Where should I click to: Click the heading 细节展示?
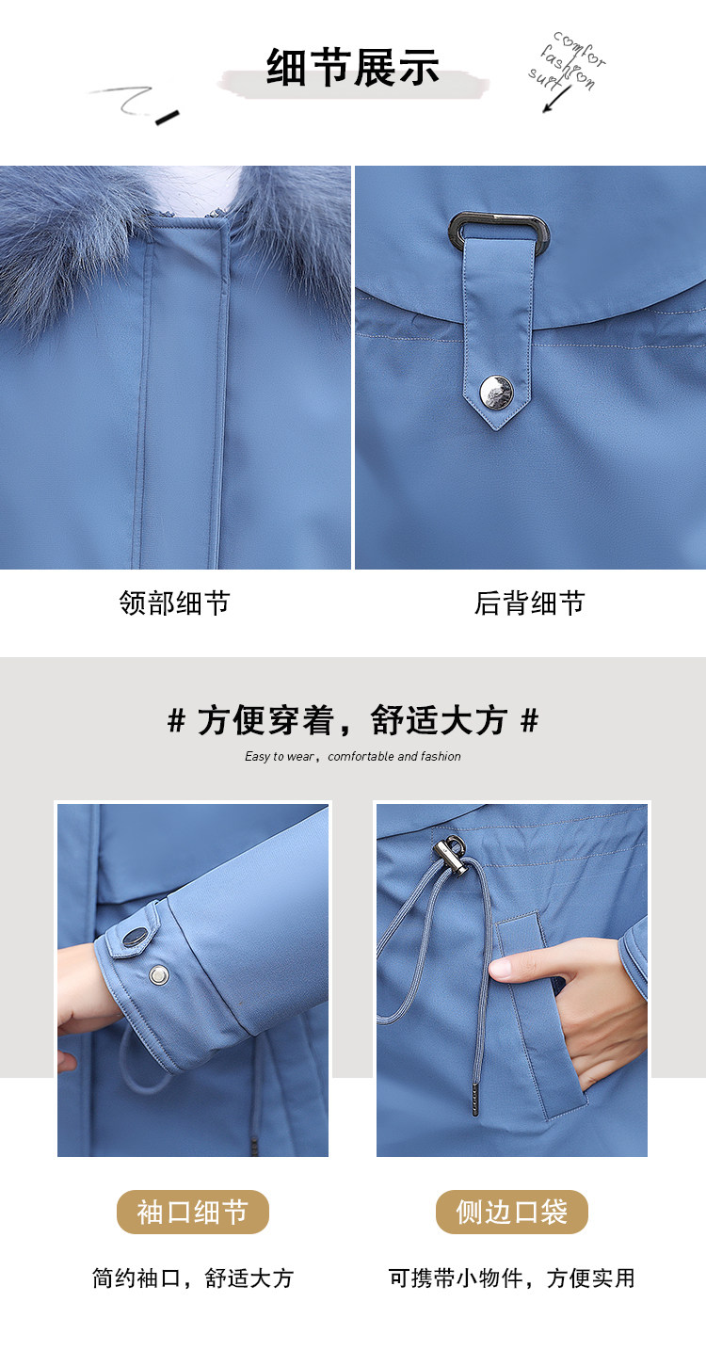click(353, 68)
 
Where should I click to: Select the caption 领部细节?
click(175, 603)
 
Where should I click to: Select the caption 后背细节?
click(529, 603)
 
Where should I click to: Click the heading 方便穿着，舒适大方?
click(353, 721)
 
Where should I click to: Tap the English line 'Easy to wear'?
click(280, 757)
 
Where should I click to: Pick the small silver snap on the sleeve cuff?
click(158, 975)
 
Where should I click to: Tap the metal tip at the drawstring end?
click(475, 1098)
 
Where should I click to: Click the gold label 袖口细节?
click(193, 1213)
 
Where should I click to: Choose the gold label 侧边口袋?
click(512, 1213)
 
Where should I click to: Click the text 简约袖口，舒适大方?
click(193, 1278)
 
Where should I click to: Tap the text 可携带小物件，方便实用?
click(512, 1278)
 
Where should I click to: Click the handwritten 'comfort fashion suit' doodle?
click(567, 61)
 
